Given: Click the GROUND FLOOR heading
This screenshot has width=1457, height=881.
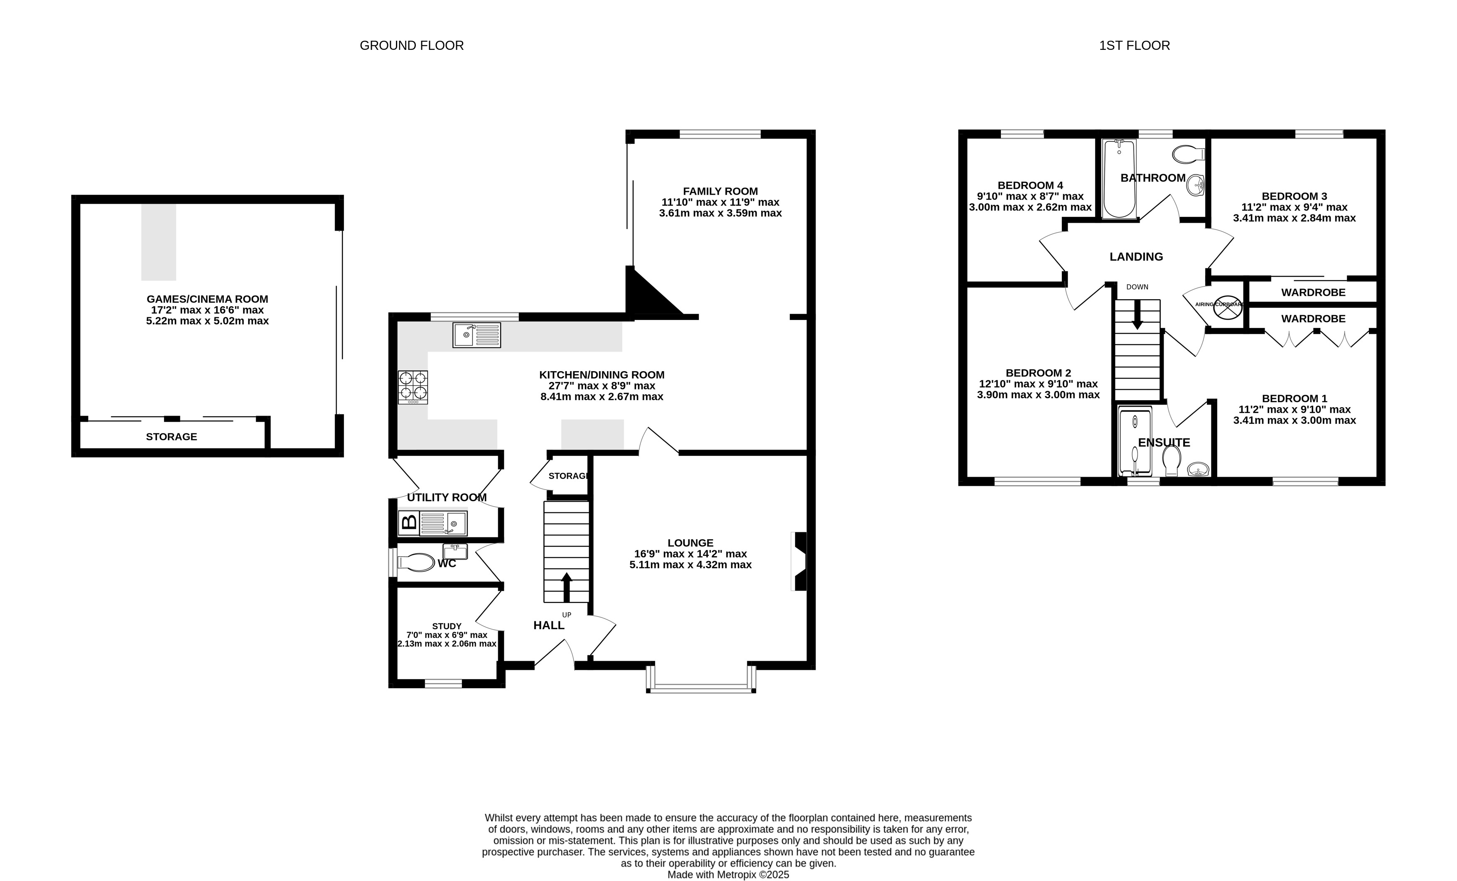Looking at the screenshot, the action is tap(412, 46).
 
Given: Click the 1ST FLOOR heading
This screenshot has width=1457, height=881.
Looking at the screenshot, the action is tap(1134, 46).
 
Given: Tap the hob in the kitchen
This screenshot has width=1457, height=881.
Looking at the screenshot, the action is tap(413, 387).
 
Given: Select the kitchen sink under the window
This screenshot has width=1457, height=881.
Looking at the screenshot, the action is tap(477, 335).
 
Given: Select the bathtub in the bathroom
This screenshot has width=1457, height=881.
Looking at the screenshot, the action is tap(1119, 179).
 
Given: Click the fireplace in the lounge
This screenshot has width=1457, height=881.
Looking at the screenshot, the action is tap(799, 561).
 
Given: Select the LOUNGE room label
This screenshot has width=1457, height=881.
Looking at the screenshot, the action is tap(690, 543).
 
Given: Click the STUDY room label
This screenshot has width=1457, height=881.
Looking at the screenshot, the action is tap(447, 626).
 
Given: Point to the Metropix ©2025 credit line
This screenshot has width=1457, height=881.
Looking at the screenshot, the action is tap(728, 874).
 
